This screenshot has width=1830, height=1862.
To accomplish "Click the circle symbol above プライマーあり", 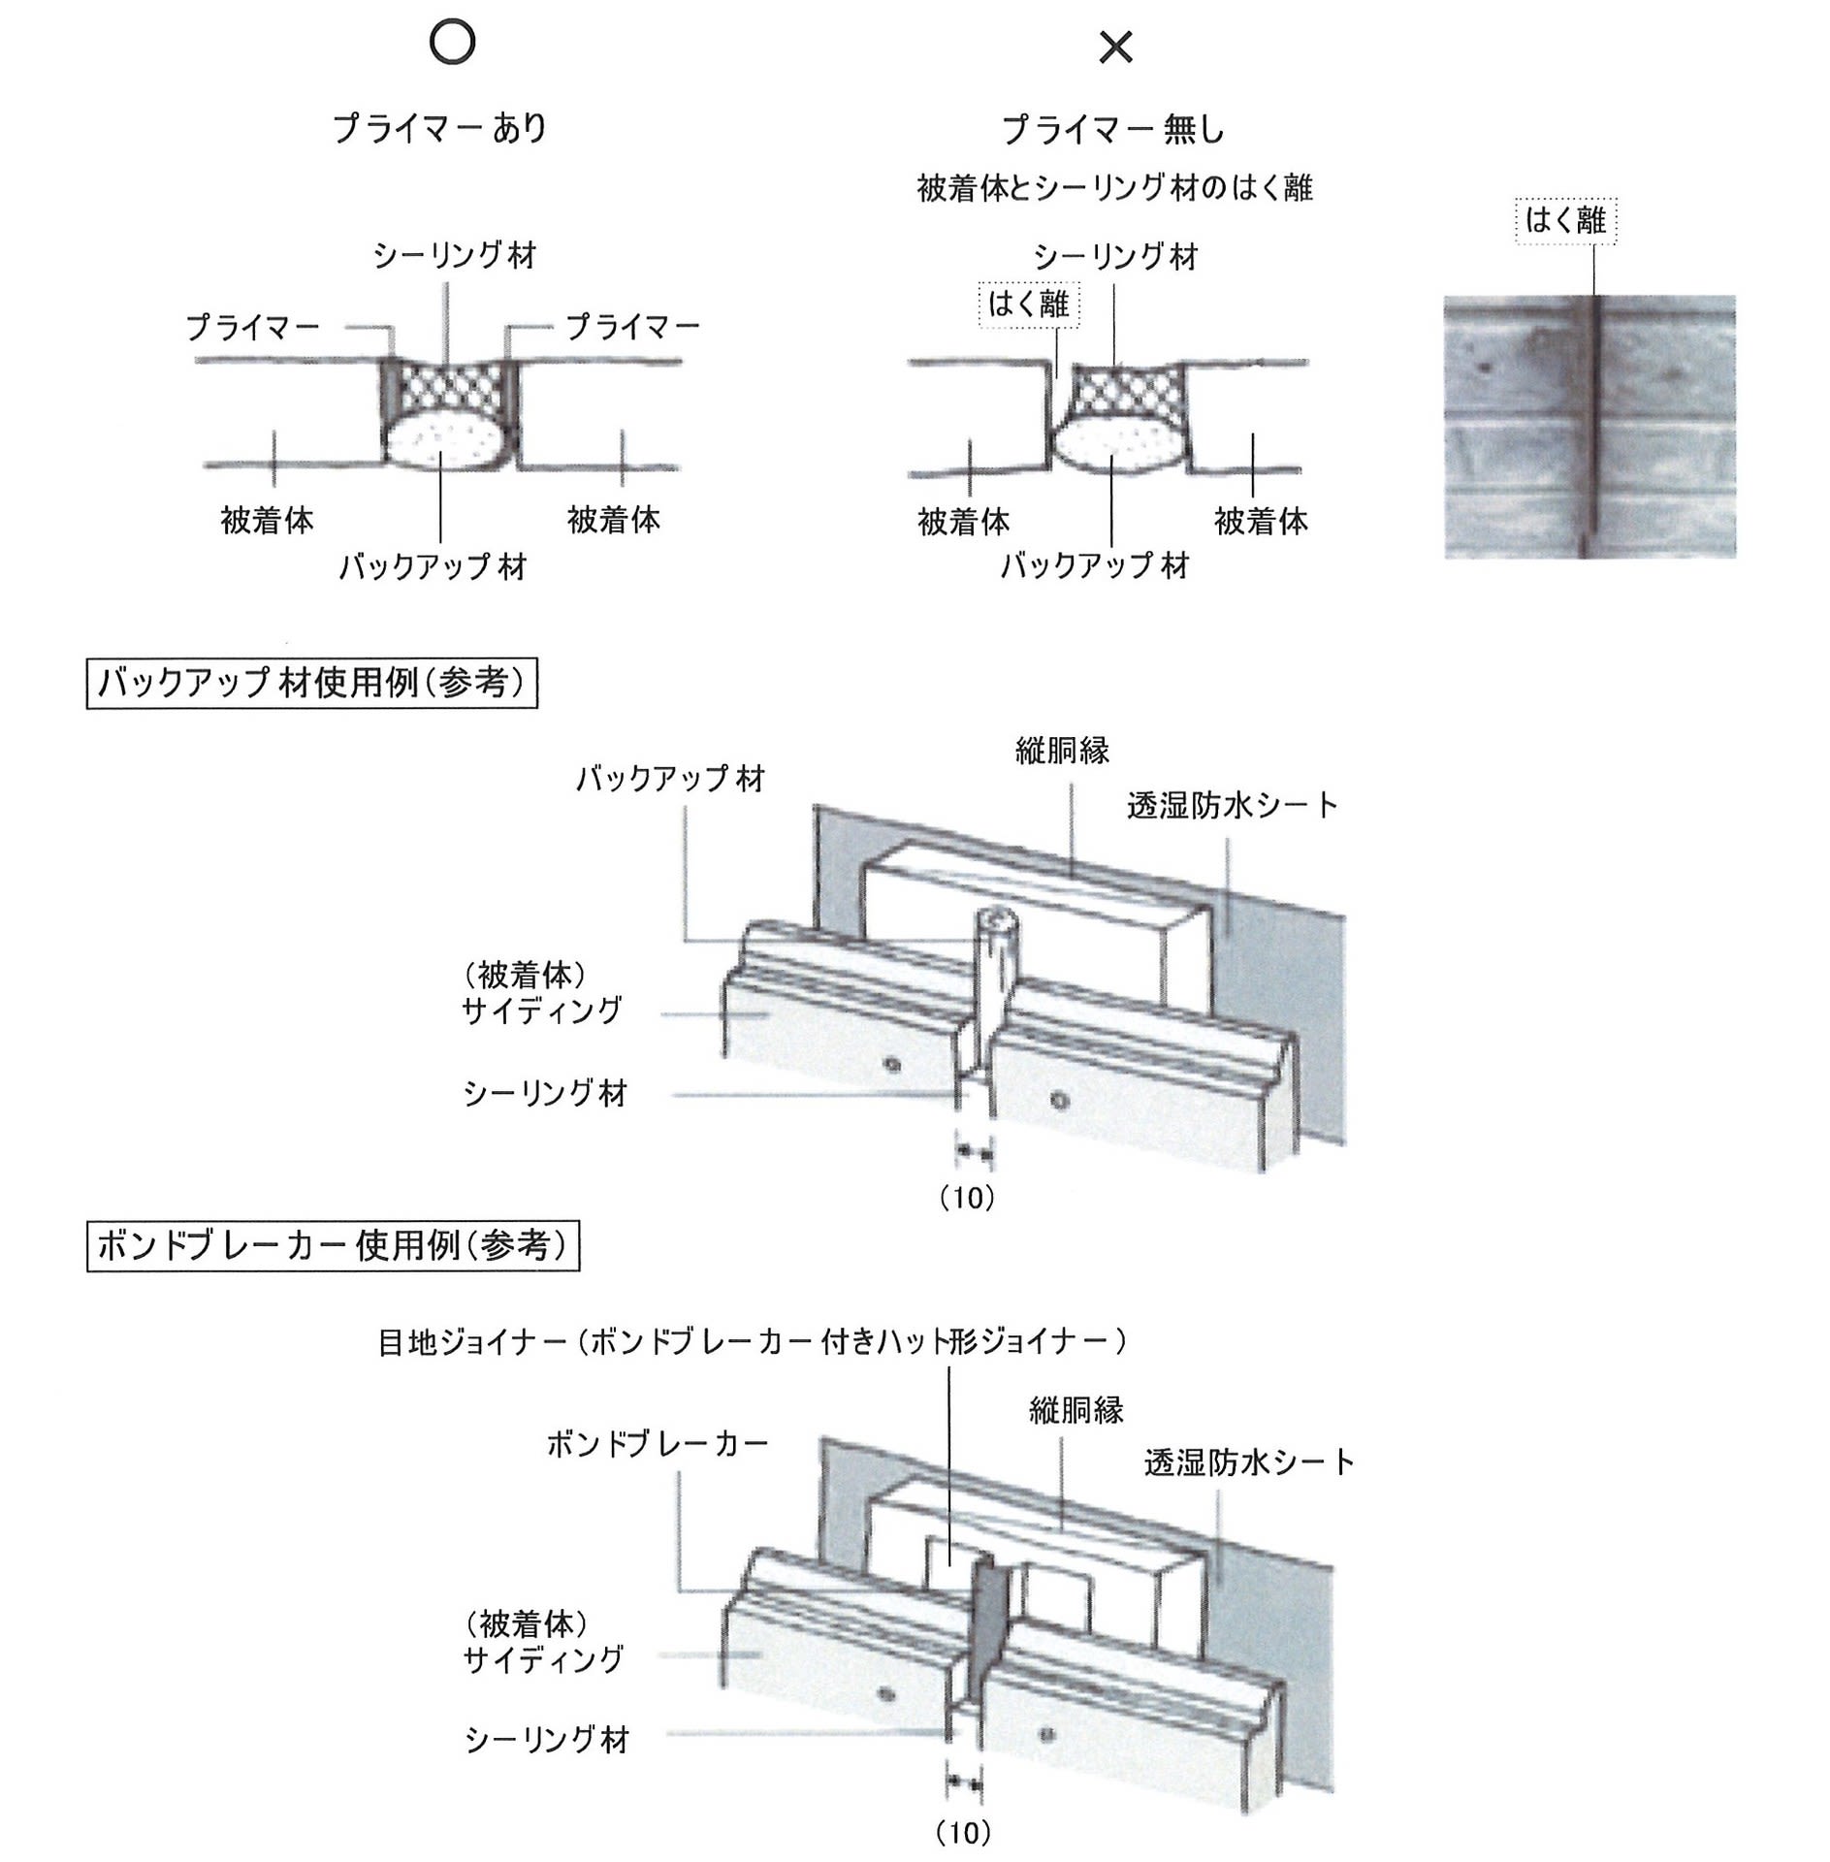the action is tap(451, 43).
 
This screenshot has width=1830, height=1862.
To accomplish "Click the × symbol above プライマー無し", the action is tap(1115, 47).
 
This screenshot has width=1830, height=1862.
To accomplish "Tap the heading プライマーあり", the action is tap(439, 128).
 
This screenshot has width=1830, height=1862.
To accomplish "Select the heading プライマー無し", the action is tap(1113, 129).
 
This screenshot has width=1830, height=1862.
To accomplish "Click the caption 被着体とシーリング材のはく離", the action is tap(1114, 187).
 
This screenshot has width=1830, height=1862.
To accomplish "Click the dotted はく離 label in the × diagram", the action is tap(1029, 304).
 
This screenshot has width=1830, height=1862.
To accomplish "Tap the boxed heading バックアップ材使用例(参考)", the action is tap(311, 684).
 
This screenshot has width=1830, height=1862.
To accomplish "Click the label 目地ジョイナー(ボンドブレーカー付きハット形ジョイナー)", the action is tap(753, 1341).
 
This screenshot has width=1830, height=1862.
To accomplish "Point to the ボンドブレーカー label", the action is tap(658, 1444).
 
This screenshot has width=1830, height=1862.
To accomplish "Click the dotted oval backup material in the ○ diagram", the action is tap(444, 441).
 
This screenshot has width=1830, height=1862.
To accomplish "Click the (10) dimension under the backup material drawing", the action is tap(968, 1199).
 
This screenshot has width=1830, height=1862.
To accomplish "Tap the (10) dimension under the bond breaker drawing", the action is tap(964, 1832).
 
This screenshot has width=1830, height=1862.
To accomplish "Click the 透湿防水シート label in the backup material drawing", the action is tap(1232, 805).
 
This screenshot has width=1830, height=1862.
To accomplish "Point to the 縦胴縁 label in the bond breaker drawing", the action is tap(1076, 1410).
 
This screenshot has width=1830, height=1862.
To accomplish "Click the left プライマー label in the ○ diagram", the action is tap(253, 327).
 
